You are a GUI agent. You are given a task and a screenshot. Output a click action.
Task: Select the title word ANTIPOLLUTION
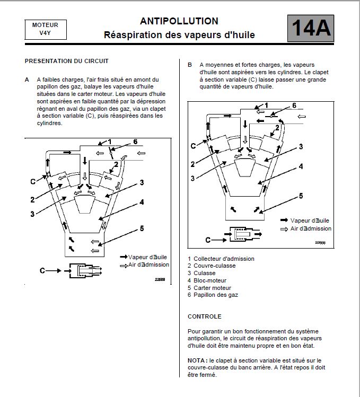click(179, 21)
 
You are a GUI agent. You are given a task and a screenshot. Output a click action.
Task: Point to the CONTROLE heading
click(204, 316)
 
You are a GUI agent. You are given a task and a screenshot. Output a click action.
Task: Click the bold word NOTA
click(197, 360)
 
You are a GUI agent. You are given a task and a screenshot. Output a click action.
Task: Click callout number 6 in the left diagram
click(135, 142)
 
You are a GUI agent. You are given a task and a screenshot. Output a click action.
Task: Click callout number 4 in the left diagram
click(142, 202)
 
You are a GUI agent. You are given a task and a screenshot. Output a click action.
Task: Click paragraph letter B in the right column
click(190, 65)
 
